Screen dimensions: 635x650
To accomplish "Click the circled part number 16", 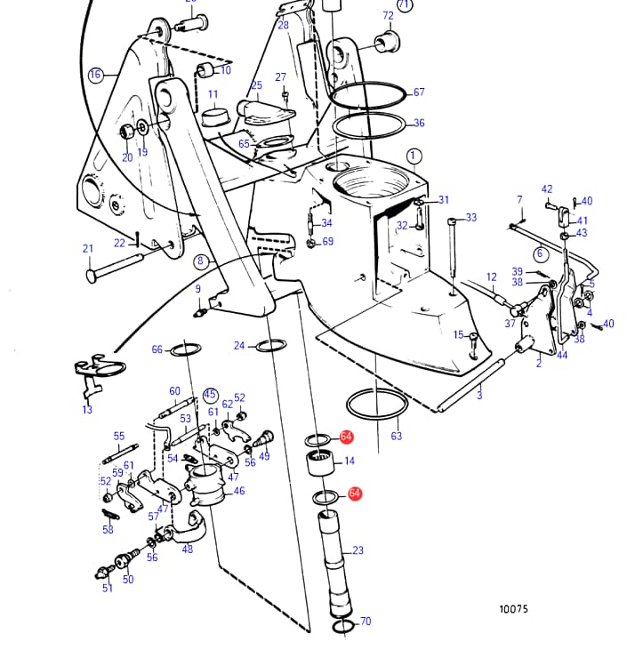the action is pos(96,75).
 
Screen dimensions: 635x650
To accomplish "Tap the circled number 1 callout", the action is pos(414,156).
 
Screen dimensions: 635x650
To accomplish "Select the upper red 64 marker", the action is pos(346,437).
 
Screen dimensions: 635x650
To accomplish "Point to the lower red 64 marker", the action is pos(355,494).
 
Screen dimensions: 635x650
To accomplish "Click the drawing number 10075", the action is pos(514,609).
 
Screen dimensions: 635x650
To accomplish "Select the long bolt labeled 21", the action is pos(116,269).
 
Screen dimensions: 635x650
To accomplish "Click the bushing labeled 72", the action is pos(388,42).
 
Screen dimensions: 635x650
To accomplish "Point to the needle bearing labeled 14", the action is pos(320,465).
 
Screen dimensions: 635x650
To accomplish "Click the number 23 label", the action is pos(358,550).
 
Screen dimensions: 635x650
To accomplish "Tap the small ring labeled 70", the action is pos(343,627).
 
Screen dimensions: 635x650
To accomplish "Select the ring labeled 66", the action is pos(185,349).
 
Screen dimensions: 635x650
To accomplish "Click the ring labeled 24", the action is pos(271,345).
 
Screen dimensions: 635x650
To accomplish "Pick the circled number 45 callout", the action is pos(210,394).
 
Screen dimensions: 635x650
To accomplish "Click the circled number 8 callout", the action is pos(201,261).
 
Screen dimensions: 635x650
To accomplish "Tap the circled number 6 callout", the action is pos(540,253).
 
